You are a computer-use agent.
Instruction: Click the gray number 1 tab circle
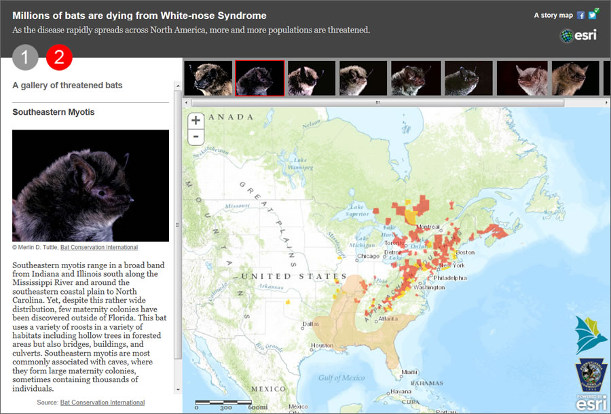[25, 58]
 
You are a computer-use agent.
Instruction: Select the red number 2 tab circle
[59, 58]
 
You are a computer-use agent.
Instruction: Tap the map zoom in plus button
[196, 121]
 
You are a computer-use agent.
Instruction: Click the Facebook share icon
[581, 15]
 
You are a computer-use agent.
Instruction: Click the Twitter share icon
[592, 15]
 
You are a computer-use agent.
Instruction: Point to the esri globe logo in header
[578, 36]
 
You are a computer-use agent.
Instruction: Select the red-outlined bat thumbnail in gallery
[259, 78]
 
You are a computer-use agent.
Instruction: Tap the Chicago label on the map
[368, 257]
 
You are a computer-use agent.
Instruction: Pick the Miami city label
[409, 372]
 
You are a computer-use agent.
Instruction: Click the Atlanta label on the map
[388, 319]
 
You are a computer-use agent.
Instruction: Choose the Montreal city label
[428, 227]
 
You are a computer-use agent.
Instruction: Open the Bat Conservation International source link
[102, 402]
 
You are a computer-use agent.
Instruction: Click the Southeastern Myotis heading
[54, 112]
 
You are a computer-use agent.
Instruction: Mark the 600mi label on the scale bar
[257, 407]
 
